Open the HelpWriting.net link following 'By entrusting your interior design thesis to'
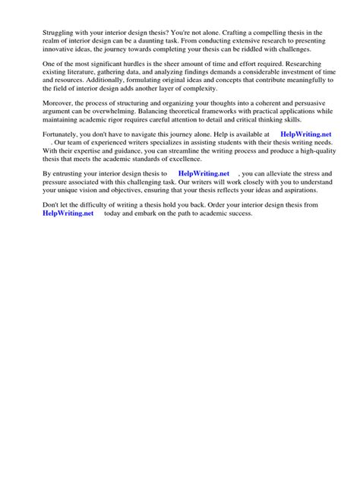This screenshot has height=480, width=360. pos(204,173)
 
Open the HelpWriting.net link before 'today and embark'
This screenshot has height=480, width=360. pos(68,213)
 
